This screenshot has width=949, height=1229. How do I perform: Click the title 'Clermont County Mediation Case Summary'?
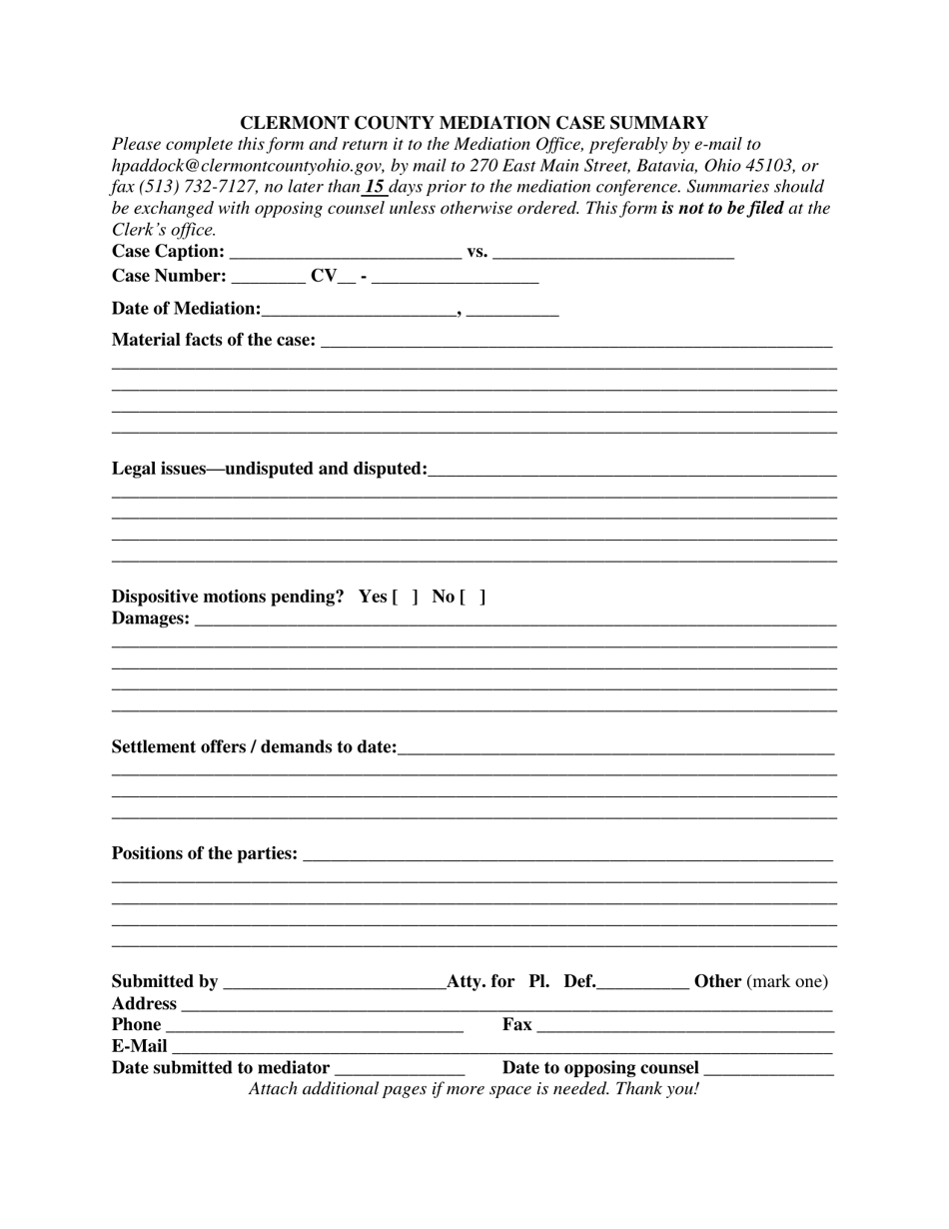click(474, 123)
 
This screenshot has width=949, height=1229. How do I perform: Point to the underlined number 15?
click(375, 187)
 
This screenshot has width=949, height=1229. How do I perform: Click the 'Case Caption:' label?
click(168, 251)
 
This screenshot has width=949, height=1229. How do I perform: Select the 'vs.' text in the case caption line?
click(477, 251)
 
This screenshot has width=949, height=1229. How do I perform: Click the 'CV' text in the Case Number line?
click(325, 276)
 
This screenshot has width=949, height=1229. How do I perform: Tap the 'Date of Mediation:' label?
click(186, 309)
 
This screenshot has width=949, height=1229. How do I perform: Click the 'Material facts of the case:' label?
click(214, 340)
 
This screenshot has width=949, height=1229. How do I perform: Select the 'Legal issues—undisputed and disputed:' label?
click(269, 469)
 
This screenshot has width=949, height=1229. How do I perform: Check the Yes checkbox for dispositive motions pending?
click(405, 598)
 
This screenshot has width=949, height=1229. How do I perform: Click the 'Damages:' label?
click(150, 618)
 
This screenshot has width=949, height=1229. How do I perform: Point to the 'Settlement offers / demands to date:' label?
click(254, 747)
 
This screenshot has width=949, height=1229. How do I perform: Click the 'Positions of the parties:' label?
click(204, 853)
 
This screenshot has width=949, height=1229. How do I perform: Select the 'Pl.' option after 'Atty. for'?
click(539, 981)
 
